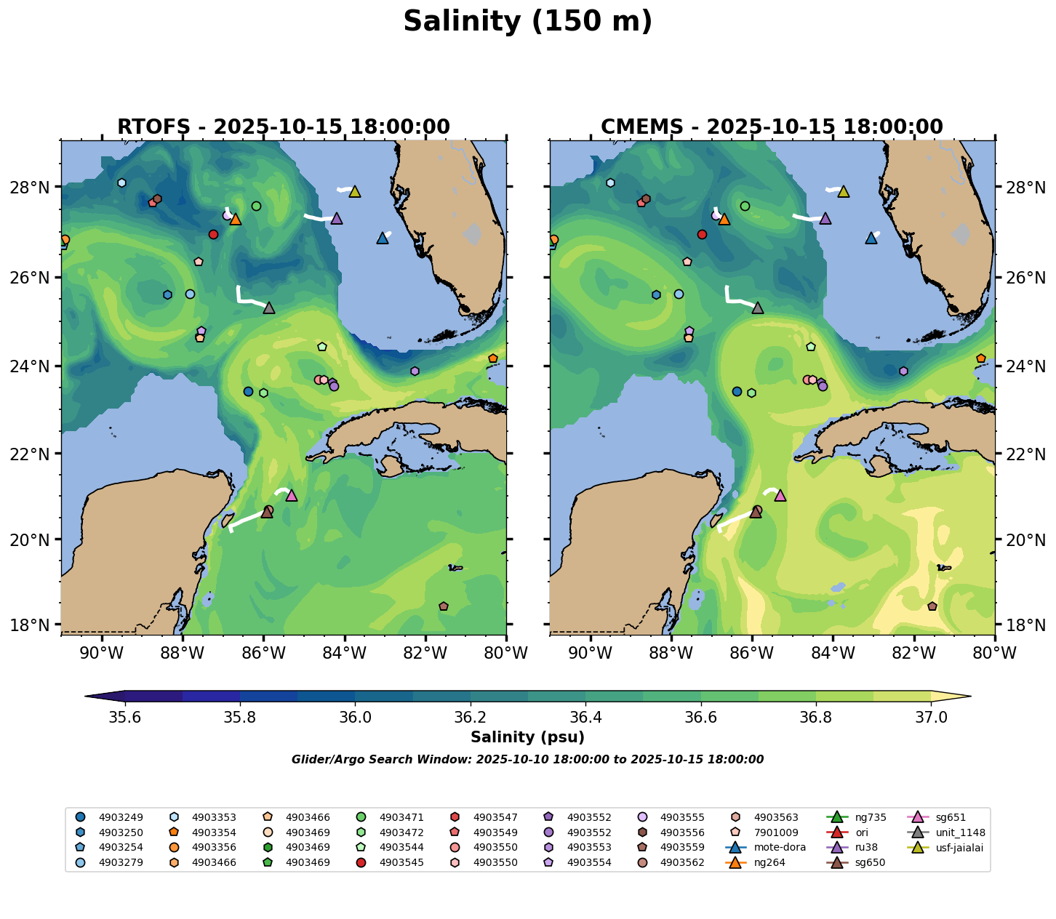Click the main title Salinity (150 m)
coord(527,22)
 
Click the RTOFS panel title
coord(284,127)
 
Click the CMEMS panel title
coord(772,127)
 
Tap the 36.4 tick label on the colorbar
coord(585,718)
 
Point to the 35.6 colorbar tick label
coord(125,718)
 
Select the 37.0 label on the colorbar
coord(930,718)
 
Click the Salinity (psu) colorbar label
coord(527,737)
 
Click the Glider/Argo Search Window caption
coord(527,760)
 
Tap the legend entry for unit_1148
coord(955,832)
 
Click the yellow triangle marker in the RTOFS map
coord(355,191)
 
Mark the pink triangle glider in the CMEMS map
coord(780,495)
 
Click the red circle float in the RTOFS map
coord(213,234)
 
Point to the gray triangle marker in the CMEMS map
coord(758,308)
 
